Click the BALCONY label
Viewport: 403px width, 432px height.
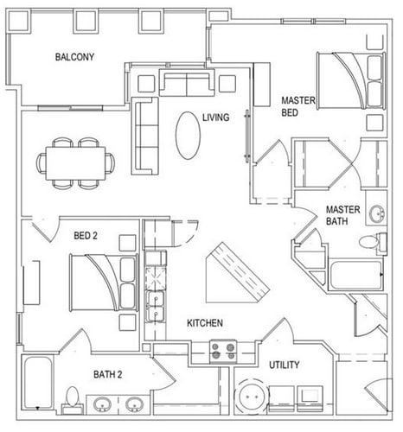point(74,57)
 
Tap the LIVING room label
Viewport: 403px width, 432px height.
point(215,118)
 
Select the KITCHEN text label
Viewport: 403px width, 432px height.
point(205,323)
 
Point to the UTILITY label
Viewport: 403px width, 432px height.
point(284,365)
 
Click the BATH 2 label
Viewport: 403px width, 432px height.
point(108,374)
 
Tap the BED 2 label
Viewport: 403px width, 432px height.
point(86,236)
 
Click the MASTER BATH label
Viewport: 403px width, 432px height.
point(342,215)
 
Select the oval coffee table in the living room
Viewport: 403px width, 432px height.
point(188,136)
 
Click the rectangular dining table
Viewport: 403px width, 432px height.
point(76,163)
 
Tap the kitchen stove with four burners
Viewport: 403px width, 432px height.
point(223,352)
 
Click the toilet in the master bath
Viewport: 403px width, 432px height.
point(373,241)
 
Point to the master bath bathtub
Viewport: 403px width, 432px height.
point(356,275)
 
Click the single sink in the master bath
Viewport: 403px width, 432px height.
point(377,214)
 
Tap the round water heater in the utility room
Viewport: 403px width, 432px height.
point(252,397)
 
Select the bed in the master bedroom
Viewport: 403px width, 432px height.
point(351,80)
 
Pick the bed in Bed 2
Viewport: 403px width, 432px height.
point(104,283)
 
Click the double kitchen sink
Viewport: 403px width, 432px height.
point(155,306)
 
